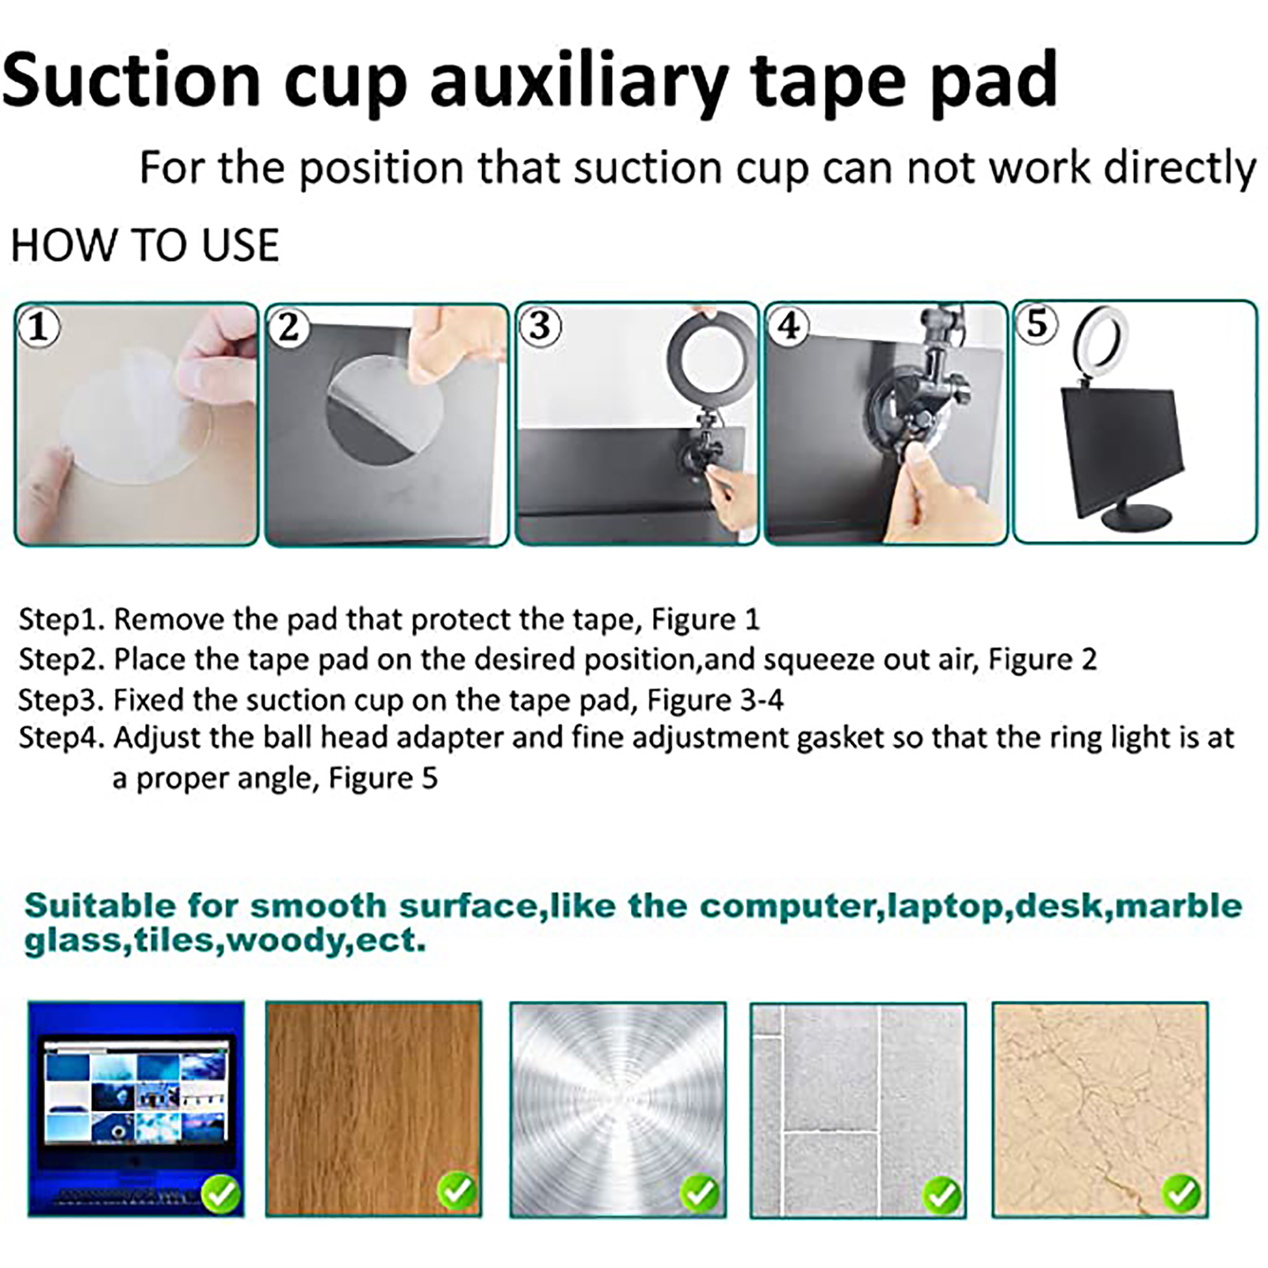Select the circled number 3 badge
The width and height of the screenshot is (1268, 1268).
540,326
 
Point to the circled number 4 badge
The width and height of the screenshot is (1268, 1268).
789,326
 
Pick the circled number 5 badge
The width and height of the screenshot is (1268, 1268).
1037,324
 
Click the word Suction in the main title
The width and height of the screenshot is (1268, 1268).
132,79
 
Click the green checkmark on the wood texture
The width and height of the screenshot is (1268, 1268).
457,1190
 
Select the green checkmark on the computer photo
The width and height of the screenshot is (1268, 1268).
221,1192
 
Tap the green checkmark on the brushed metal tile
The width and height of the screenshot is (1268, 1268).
700,1192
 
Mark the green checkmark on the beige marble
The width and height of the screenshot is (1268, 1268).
1181,1192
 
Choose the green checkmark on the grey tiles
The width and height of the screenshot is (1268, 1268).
942,1194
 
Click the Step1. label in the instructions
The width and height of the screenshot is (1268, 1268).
62,620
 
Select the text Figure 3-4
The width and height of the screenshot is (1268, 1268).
715,700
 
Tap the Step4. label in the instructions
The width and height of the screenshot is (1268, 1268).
62,738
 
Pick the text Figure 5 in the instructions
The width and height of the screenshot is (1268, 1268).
383,778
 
